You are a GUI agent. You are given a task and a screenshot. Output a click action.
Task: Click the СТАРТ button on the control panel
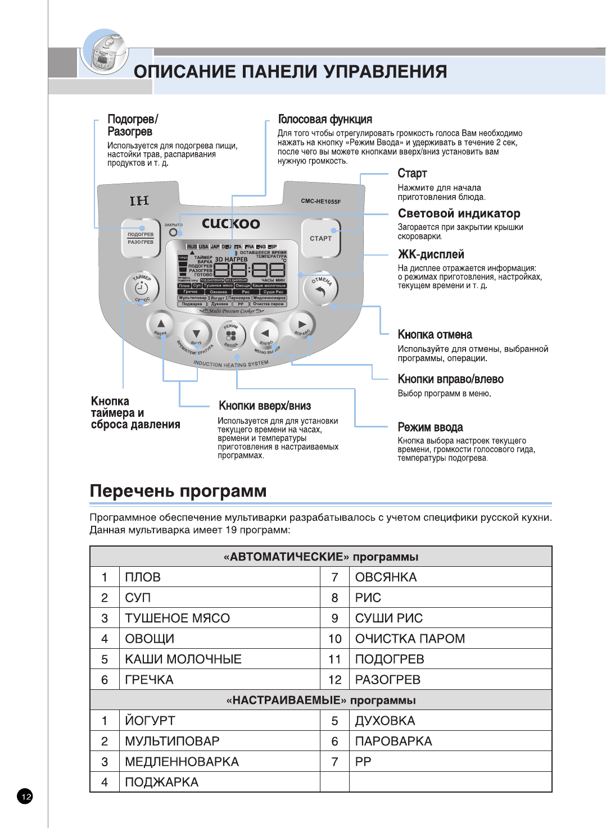coord(320,238)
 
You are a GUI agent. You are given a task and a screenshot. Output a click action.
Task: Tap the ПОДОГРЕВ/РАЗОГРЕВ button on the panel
coord(140,238)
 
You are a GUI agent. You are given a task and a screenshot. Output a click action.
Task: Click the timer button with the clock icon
coord(141,288)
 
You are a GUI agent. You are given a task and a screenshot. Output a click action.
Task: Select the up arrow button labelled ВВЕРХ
coord(161,324)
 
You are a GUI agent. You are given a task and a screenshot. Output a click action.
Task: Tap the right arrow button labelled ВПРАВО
coord(302,324)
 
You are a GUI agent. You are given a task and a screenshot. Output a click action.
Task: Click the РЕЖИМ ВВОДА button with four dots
coord(231,335)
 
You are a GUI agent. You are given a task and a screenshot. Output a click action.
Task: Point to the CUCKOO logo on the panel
coord(231,224)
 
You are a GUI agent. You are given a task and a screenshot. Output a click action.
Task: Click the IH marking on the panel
coord(139,201)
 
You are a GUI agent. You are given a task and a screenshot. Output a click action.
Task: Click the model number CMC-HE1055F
coord(320,201)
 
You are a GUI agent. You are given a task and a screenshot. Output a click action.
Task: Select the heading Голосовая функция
coord(325,119)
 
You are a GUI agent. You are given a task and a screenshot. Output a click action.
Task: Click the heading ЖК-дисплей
coord(431,254)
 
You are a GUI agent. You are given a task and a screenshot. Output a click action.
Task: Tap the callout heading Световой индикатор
coord(459,213)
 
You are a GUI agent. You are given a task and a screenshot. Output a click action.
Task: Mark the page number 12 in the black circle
coord(25,796)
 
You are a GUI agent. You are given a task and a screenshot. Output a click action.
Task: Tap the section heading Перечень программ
coord(178,491)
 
